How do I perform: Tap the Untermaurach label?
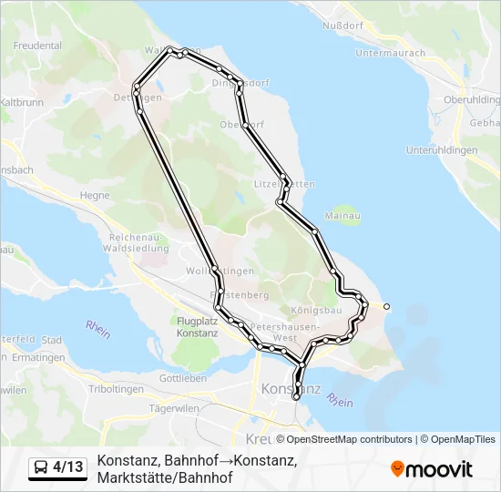pos(391,53)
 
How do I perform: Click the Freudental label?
pos(38,46)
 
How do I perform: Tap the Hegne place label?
pos(95,195)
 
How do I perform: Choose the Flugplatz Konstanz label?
pos(197,327)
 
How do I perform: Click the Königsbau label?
pos(316,311)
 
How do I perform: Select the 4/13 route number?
pos(67,467)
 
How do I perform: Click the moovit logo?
pos(432,469)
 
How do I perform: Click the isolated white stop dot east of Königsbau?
pos(387,306)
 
